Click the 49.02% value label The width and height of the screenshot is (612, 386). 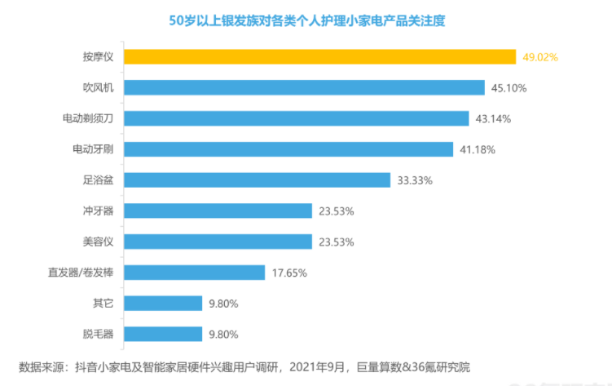point(540,57)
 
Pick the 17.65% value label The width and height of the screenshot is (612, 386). point(288,273)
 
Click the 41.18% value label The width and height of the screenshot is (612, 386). point(478,149)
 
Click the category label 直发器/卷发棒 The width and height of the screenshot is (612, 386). point(83,273)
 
